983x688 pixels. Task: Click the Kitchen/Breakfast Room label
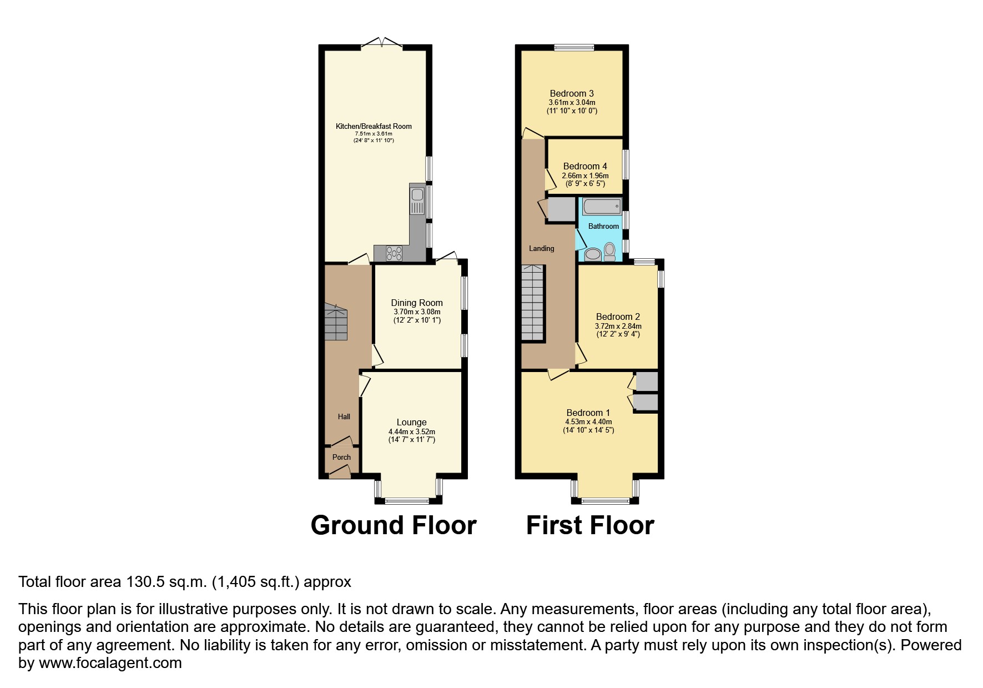point(374,126)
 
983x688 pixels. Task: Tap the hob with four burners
point(395,253)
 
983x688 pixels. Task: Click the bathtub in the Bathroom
point(602,207)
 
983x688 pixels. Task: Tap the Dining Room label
point(417,303)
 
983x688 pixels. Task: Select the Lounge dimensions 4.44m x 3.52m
point(411,431)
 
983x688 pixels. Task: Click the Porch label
point(341,457)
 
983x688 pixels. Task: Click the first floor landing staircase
point(532,303)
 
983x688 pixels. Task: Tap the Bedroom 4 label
point(584,166)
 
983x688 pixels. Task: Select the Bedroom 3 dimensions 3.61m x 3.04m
point(572,102)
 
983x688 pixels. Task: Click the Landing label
point(541,248)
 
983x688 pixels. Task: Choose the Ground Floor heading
point(394,525)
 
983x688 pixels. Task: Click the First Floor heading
point(590,525)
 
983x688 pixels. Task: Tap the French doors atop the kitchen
point(382,43)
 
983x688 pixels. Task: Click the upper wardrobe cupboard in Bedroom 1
point(646,381)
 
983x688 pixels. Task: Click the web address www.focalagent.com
point(110,663)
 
